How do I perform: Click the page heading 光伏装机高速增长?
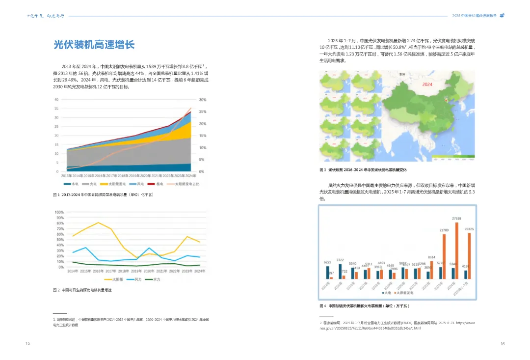[x=94, y=45]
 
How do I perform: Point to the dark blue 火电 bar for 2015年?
[x=340, y=271]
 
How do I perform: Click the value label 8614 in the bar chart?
[x=431, y=257]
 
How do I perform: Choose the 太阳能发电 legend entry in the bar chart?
[x=404, y=292]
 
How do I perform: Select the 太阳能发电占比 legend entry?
[x=182, y=183]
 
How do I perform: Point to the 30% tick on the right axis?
[x=203, y=100]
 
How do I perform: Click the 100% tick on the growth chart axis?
[x=59, y=213]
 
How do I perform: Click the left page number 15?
[x=28, y=343]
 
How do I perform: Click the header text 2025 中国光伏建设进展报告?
[x=475, y=15]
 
